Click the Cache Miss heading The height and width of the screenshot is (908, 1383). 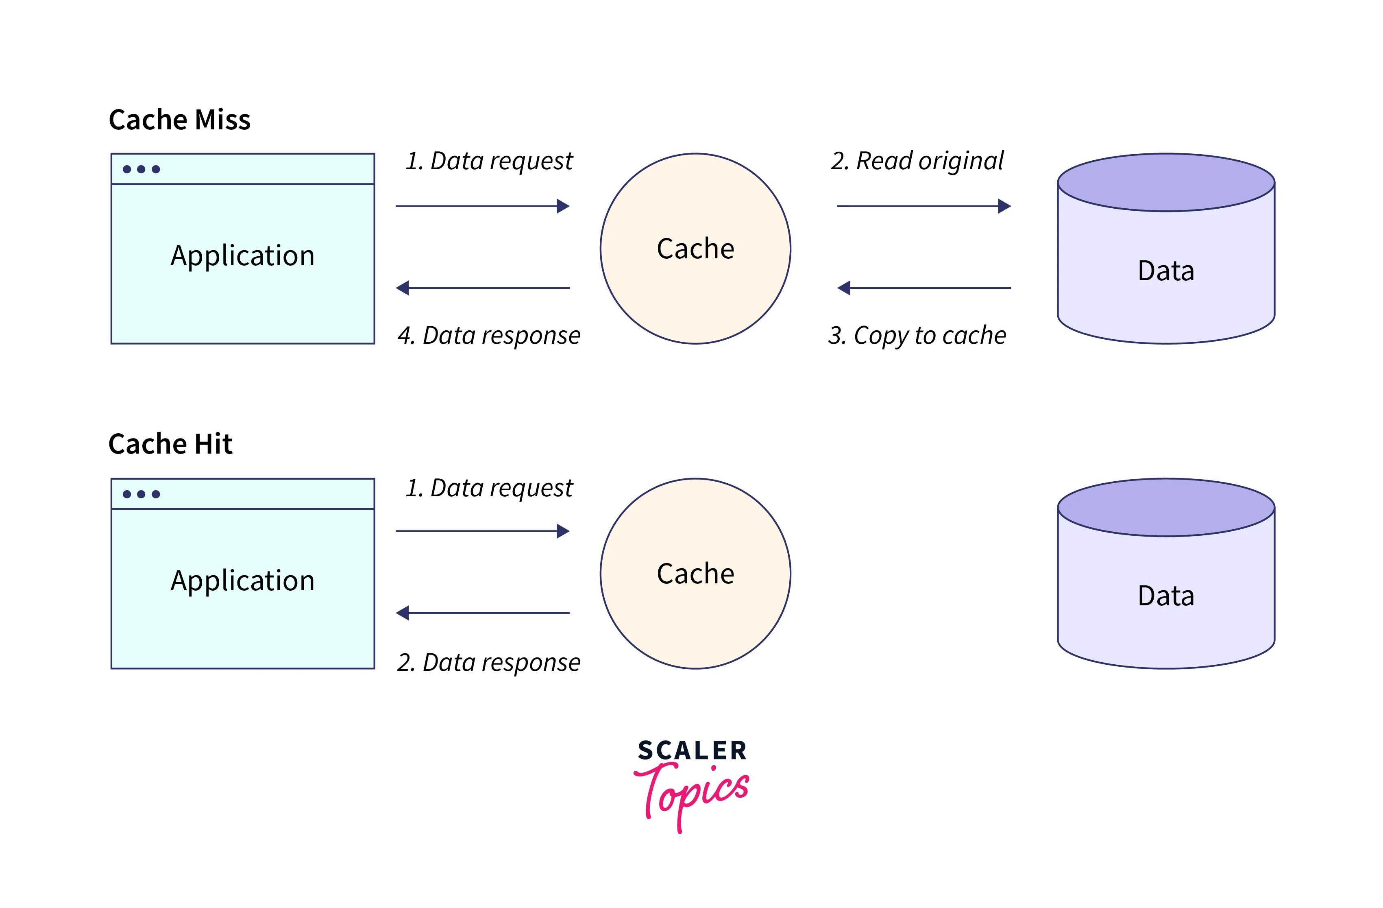[180, 120]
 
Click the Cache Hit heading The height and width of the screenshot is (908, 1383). [170, 444]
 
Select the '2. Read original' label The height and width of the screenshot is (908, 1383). [917, 161]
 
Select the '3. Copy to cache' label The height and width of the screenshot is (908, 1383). [917, 335]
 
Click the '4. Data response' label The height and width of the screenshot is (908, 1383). [489, 335]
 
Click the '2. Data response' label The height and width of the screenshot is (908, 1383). [489, 662]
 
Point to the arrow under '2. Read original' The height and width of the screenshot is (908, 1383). [923, 206]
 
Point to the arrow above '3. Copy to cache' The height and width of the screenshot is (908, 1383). [923, 288]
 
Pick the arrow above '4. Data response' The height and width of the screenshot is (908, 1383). [482, 288]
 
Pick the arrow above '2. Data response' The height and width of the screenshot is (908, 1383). [482, 613]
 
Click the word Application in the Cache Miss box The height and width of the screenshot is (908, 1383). [242, 256]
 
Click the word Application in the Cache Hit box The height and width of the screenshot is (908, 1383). [242, 581]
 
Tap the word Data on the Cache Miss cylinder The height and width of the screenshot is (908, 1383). [1166, 271]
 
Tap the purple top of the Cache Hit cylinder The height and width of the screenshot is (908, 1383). [1166, 507]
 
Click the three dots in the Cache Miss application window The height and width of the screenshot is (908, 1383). [141, 169]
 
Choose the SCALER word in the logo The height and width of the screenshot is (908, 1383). [692, 751]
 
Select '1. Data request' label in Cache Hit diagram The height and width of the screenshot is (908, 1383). [489, 488]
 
